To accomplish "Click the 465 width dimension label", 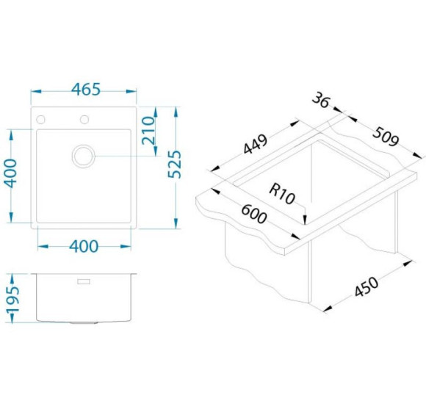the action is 86,89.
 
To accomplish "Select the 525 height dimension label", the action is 174,164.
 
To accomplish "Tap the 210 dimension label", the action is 148,130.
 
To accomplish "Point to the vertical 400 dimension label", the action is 11,173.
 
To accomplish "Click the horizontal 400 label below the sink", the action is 84,246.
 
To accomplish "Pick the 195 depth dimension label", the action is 12,299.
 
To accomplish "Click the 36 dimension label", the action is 320,100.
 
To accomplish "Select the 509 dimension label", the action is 386,137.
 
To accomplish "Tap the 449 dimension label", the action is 256,145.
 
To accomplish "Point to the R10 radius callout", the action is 282,194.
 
